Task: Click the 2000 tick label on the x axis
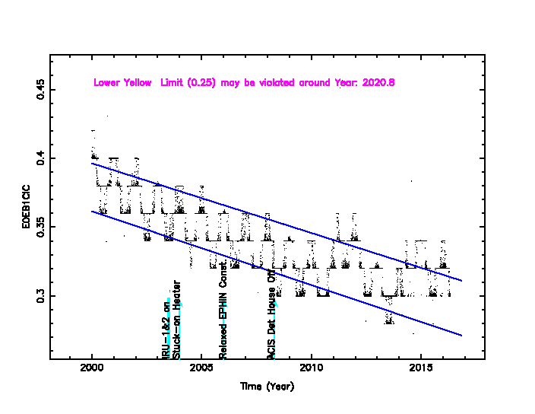coord(92,369)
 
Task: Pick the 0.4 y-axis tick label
coord(40,158)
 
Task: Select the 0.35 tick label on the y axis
coord(40,227)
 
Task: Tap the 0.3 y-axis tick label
coord(40,295)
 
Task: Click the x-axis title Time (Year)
coord(267,387)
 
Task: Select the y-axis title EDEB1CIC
coord(27,206)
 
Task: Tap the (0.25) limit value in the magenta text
coord(200,82)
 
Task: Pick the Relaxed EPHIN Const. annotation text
coord(223,314)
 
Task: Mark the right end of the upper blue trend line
coord(461,281)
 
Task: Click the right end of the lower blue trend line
coord(461,335)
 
